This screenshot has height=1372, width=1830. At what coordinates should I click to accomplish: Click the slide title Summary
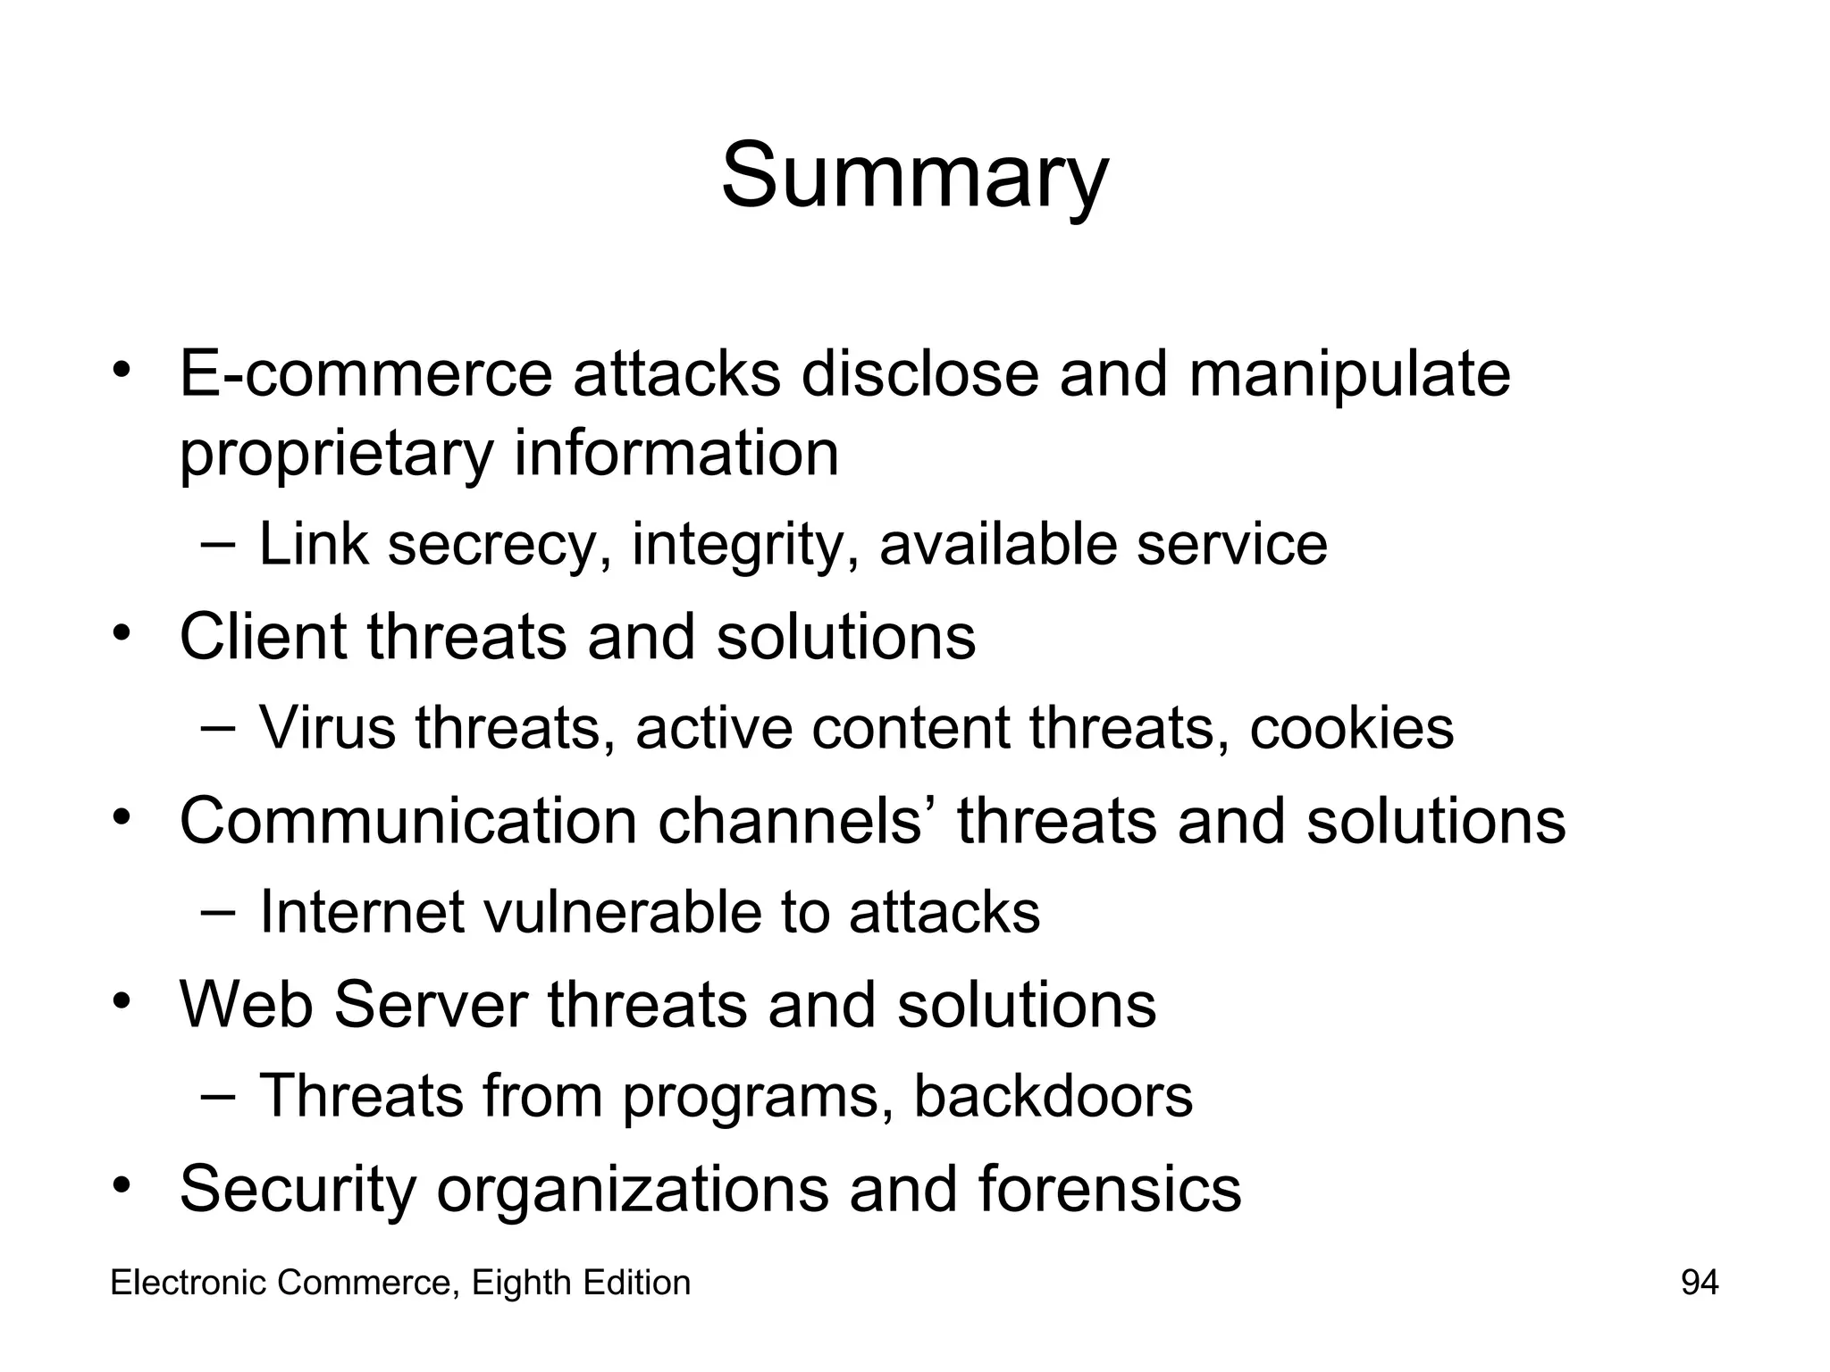click(914, 175)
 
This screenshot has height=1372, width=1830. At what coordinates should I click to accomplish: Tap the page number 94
click(1700, 1283)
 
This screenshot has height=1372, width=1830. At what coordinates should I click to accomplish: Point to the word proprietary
click(336, 454)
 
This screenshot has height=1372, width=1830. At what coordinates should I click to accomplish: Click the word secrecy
click(491, 545)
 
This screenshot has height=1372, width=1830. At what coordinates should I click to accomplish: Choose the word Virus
click(327, 728)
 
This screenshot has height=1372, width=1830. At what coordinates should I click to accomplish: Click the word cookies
click(1351, 728)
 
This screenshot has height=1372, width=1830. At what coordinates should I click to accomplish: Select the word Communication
click(408, 821)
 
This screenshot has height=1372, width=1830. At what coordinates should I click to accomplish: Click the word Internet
click(362, 912)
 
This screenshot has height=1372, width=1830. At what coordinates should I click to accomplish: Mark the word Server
click(431, 1005)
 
